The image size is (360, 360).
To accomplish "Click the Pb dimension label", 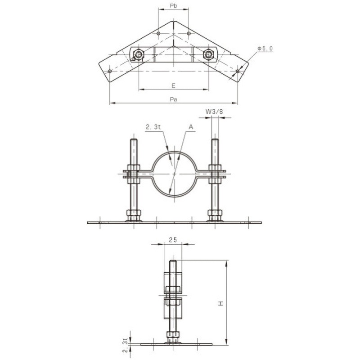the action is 174,6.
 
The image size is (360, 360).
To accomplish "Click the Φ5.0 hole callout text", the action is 265,49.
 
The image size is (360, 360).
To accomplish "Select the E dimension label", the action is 174,85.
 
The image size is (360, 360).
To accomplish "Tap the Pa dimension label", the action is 174,99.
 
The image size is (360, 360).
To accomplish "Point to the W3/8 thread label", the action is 214,112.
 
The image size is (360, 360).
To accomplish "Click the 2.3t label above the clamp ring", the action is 153,127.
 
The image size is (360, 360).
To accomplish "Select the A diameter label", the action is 191,127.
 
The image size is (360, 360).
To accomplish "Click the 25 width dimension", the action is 173,240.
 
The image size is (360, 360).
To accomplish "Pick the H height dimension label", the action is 221,303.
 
